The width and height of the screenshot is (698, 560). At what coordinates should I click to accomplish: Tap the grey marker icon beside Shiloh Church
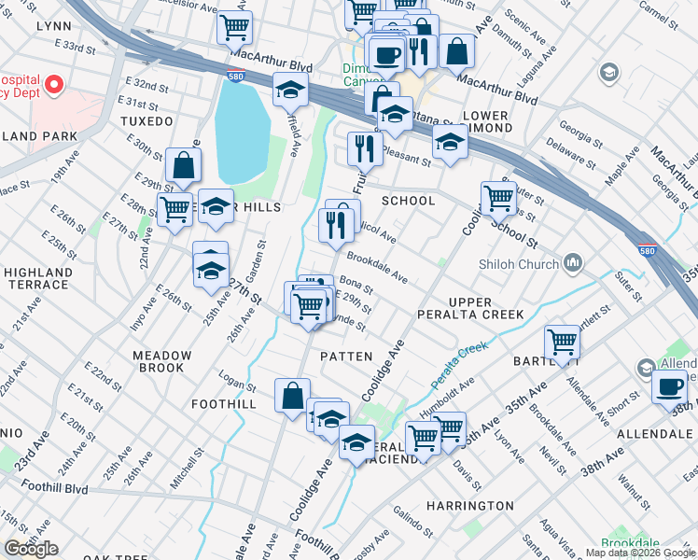click(x=572, y=262)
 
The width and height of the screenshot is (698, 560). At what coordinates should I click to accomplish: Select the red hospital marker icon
click(x=52, y=86)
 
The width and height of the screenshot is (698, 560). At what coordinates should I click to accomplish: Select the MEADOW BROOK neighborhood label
click(x=161, y=361)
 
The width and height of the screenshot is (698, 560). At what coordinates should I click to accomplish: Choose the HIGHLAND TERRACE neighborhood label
click(x=37, y=278)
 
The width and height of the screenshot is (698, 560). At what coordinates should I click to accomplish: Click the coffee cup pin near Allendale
click(x=669, y=385)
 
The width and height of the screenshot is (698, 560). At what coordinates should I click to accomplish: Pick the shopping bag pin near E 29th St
click(x=184, y=165)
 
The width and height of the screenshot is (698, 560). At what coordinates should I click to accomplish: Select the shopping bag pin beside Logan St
click(x=292, y=394)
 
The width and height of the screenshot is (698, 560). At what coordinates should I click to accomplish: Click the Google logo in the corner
click(x=31, y=548)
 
